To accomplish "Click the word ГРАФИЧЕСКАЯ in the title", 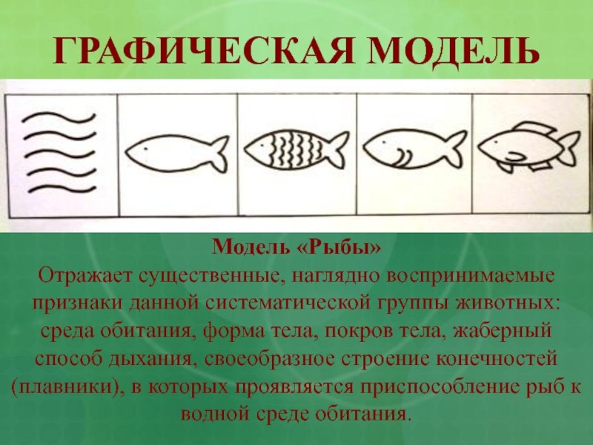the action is click(x=203, y=51).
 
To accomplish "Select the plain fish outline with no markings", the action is click(x=177, y=154).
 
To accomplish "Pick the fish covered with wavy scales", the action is click(x=296, y=151).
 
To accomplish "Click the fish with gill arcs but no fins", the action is click(x=415, y=150).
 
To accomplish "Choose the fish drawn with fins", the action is click(x=529, y=146).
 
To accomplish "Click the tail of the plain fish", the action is click(x=219, y=154).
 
